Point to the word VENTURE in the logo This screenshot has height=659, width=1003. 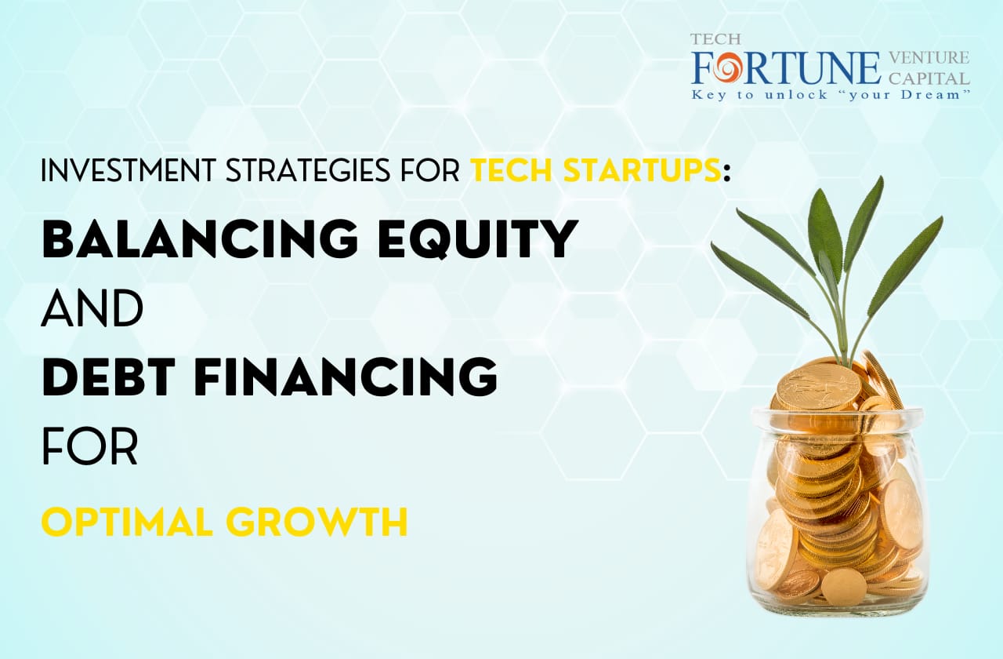point(929,58)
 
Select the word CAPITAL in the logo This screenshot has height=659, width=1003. point(929,78)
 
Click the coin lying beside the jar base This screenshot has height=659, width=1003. point(843,586)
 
